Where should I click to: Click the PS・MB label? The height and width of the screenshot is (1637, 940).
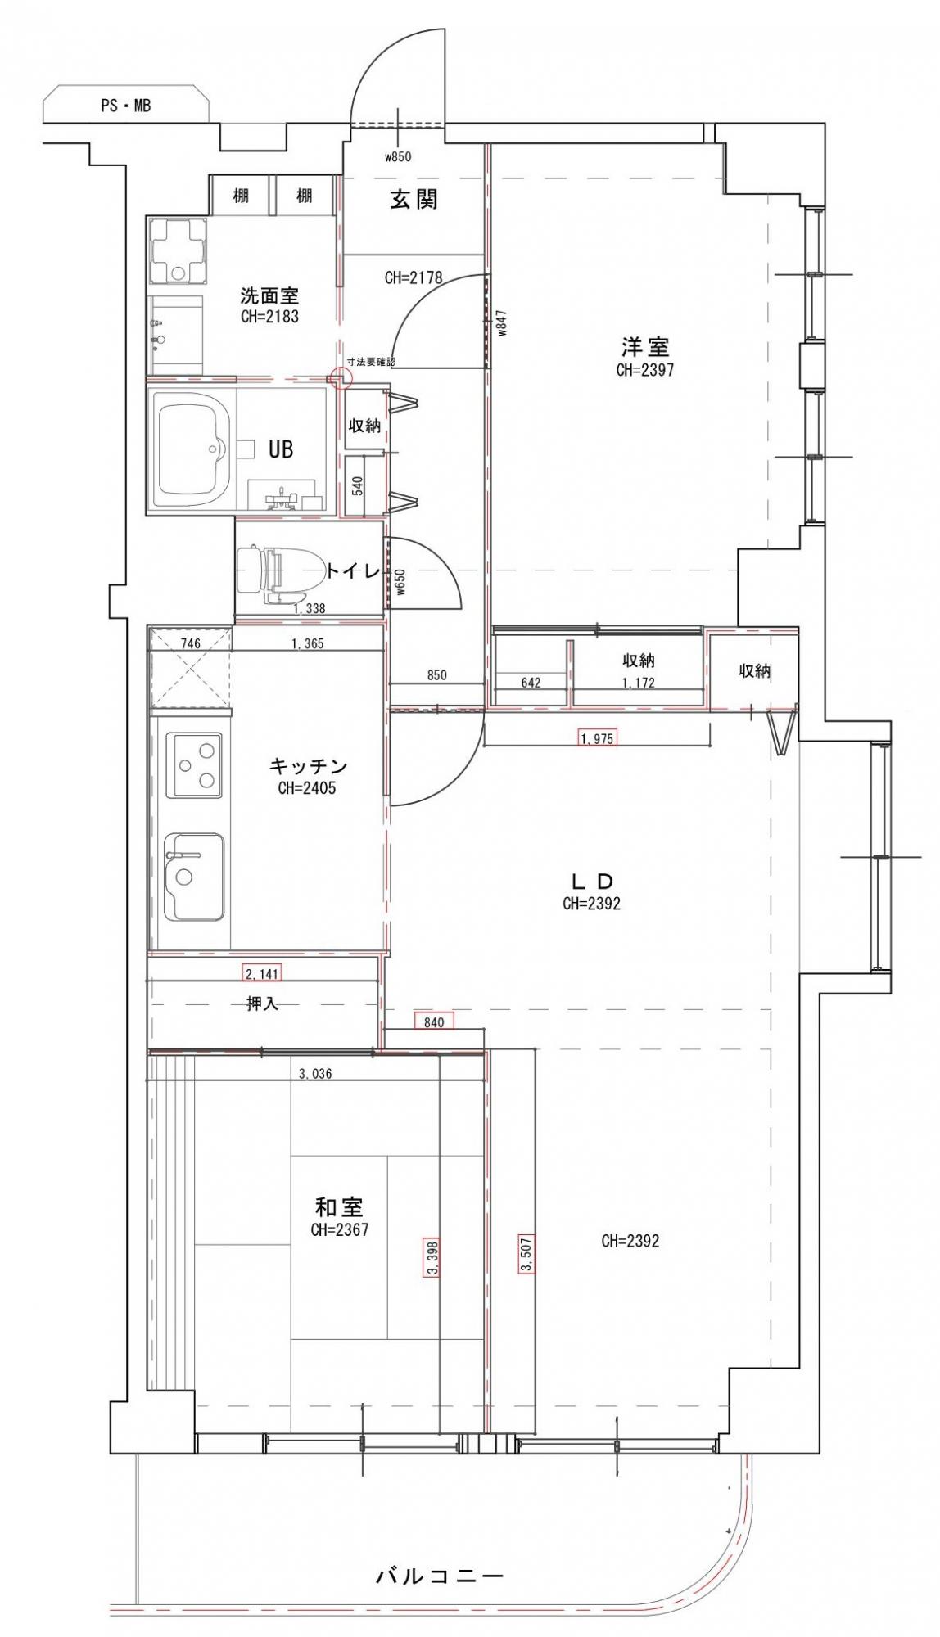tap(125, 106)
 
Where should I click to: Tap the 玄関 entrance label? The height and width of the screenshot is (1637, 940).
tap(414, 199)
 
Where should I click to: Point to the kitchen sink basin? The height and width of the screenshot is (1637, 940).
tap(194, 876)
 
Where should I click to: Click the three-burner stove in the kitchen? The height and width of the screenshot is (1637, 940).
tap(194, 765)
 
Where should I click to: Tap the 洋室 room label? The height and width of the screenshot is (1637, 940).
tap(644, 347)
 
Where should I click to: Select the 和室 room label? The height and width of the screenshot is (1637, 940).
tap(339, 1206)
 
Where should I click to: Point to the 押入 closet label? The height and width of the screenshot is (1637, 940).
tap(263, 1003)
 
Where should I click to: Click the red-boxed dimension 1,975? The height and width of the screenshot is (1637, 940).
tap(596, 738)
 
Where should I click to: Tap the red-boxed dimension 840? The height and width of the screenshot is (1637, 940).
tap(434, 1021)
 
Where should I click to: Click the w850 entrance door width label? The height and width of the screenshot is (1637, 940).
tap(398, 157)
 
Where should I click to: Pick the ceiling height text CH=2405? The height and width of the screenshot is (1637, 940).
tap(307, 789)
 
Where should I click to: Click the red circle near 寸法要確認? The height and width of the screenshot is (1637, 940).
tap(340, 377)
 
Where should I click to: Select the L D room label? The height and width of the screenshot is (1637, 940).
tap(591, 882)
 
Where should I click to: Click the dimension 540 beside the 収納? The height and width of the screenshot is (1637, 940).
tap(357, 486)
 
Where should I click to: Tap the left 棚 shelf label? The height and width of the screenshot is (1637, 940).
tap(241, 196)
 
